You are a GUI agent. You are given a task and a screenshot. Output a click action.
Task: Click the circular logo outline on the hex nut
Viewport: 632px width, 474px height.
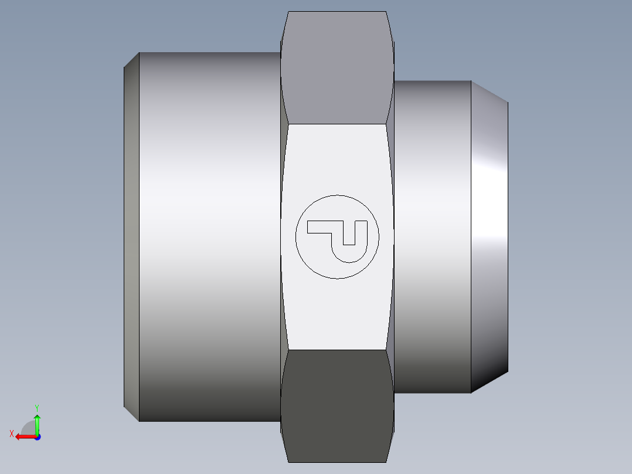337,195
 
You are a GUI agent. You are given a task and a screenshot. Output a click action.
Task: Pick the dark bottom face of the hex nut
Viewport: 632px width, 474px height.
337,405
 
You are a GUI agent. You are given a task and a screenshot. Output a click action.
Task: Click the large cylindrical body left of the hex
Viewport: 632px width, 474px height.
208,235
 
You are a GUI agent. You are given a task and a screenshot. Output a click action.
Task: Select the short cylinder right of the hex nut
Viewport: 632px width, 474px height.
433,235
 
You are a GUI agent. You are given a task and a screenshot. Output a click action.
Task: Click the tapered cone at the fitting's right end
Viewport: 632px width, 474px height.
490,235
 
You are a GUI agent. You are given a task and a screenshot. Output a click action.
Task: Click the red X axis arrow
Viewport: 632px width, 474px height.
23,436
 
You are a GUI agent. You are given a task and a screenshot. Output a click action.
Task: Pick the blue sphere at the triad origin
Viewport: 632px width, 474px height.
37,436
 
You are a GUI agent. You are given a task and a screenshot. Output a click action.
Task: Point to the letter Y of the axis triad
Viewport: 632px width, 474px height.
36,407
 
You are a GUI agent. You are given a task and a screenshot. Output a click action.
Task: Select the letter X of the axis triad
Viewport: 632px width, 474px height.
11,434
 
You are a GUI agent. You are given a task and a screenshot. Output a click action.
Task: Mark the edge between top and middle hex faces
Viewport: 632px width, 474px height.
337,124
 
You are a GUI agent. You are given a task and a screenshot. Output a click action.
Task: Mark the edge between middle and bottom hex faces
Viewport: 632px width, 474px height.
337,350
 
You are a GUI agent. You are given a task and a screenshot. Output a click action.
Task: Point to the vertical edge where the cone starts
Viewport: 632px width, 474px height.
471,235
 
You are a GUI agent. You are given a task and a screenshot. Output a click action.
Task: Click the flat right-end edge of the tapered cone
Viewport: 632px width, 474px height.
508,235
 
